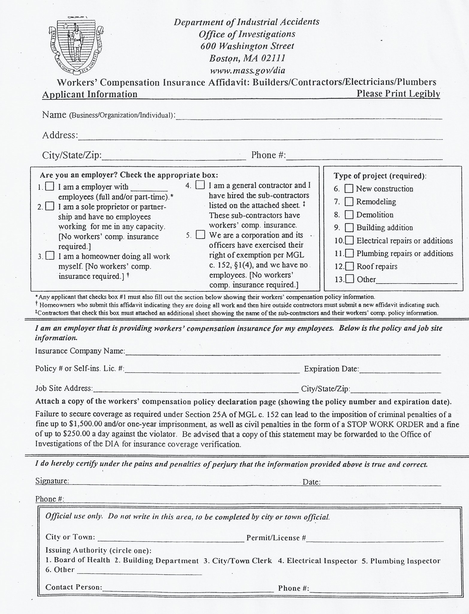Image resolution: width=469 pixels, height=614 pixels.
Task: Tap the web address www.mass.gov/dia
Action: click(247, 70)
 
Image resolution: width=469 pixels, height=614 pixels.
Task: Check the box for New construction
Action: click(349, 189)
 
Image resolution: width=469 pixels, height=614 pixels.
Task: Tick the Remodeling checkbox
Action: click(349, 202)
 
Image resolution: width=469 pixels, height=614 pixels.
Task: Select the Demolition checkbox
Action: click(349, 215)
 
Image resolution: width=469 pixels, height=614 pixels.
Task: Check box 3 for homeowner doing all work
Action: click(50, 256)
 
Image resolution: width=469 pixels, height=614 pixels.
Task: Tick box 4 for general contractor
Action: click(200, 185)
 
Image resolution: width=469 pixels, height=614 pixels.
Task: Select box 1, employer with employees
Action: click(50, 187)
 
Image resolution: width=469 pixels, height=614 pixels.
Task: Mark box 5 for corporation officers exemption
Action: click(200, 235)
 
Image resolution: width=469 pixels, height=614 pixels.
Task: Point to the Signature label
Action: click(52, 481)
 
